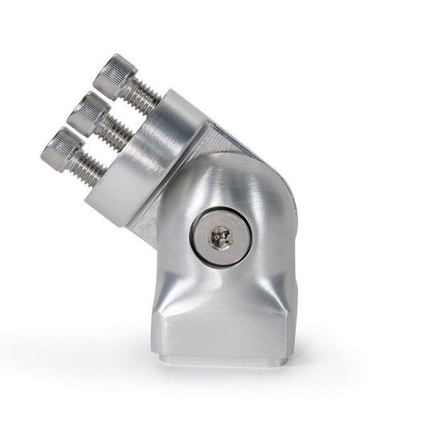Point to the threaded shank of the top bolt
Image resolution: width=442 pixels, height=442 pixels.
pyautogui.click(x=145, y=96)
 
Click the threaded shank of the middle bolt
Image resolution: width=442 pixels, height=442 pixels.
pyautogui.click(x=117, y=130)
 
